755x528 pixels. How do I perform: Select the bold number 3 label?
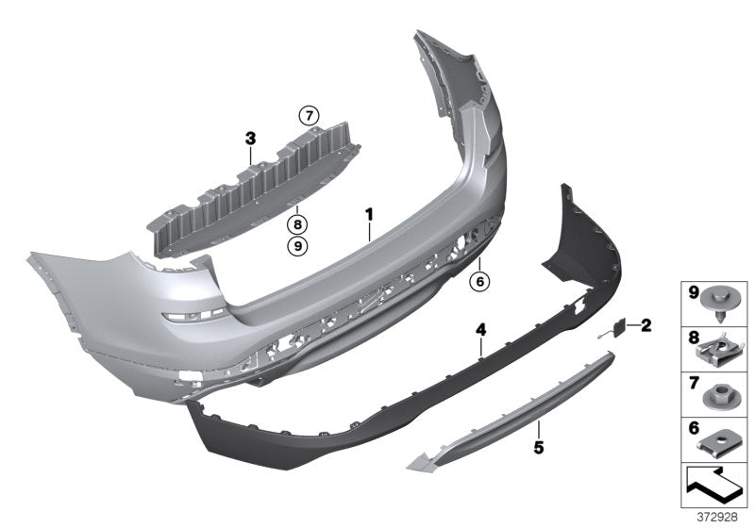(250, 139)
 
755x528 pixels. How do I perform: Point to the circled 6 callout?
(479, 280)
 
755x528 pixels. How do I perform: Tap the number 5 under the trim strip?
(538, 448)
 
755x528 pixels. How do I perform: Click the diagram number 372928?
(718, 517)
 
